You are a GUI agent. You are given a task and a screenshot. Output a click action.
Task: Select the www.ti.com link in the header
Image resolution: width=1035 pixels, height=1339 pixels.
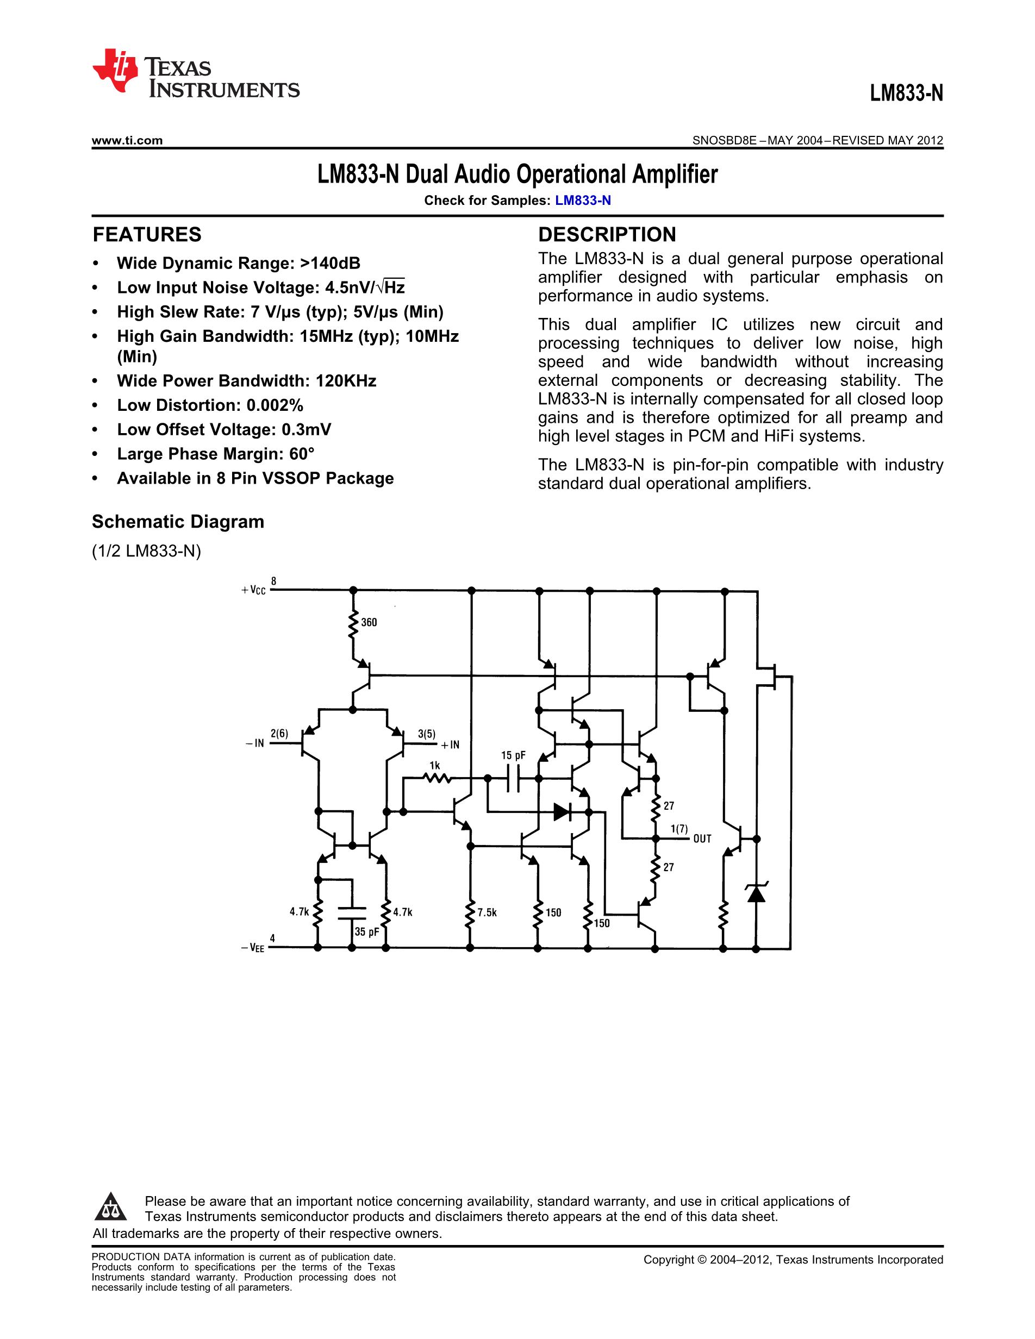click(127, 140)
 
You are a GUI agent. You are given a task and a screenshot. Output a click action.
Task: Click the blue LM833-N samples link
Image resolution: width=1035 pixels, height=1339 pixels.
click(583, 201)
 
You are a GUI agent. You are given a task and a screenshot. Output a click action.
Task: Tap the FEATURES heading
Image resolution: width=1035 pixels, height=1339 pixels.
click(147, 235)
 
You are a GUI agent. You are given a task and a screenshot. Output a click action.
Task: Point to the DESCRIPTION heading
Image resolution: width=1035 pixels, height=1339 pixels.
click(607, 235)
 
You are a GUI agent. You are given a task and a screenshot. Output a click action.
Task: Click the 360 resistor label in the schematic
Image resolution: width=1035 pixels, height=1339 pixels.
click(369, 622)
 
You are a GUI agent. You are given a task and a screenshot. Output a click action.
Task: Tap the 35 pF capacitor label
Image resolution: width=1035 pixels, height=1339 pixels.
click(367, 932)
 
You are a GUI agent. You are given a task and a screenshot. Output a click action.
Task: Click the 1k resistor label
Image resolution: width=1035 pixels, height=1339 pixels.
click(435, 765)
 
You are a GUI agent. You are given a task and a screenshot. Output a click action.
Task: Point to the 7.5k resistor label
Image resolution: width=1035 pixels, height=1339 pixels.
click(487, 913)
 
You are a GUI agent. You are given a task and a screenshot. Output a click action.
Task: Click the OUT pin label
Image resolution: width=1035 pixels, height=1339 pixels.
click(702, 839)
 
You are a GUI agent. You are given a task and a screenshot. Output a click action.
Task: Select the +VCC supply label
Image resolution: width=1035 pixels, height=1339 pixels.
click(254, 590)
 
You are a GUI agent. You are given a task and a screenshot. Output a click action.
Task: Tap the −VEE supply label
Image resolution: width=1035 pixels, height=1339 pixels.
click(253, 948)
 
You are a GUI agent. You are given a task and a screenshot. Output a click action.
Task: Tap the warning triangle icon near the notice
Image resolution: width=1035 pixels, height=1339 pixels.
click(110, 1206)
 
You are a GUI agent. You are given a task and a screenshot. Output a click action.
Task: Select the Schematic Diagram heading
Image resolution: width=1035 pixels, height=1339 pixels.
click(178, 522)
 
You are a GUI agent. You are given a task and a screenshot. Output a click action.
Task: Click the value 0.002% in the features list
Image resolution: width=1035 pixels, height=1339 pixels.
click(275, 405)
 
